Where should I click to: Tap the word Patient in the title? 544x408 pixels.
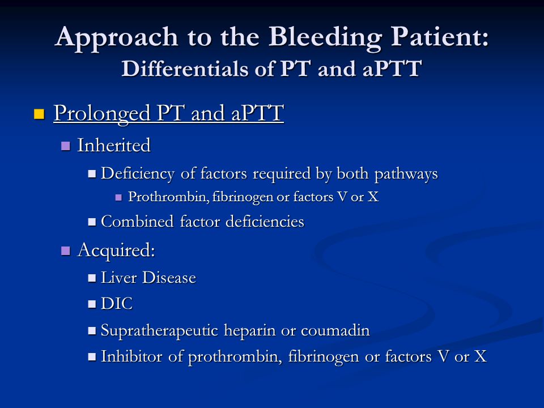(436, 36)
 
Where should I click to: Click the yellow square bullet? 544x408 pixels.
(39, 114)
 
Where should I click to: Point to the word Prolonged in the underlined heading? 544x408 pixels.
(102, 113)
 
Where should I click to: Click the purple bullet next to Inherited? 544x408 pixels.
(65, 146)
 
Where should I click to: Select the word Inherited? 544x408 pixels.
(114, 145)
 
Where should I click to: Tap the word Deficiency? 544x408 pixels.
(137, 174)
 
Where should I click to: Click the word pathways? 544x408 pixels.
(406, 174)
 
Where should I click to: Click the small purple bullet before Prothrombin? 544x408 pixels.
(118, 197)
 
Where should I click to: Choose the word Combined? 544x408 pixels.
(137, 222)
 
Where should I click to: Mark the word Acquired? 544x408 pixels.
(116, 250)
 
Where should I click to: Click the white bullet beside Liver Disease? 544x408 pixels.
(92, 278)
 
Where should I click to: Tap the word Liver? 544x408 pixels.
(118, 278)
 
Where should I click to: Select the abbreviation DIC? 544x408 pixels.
(117, 304)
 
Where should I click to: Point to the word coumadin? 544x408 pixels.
(335, 330)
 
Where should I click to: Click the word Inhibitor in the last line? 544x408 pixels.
(131, 356)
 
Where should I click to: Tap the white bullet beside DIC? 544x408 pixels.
(92, 304)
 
